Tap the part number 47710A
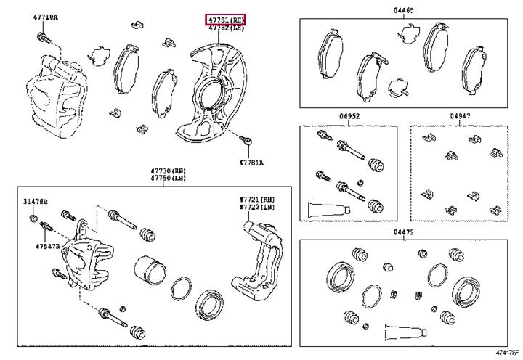(46, 17)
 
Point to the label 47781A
(251, 162)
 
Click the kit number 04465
(404, 12)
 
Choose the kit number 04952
(348, 116)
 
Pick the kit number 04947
(459, 116)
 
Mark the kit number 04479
(404, 232)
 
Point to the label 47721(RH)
(258, 198)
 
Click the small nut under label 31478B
(33, 218)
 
